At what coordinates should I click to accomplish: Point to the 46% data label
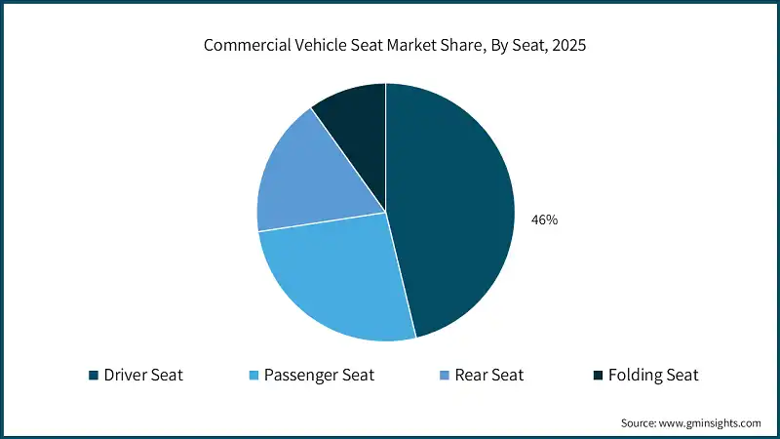pyautogui.click(x=544, y=220)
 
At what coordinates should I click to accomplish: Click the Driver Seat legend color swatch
pyautogui.click(x=93, y=375)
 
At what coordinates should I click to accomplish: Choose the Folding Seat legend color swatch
pyautogui.click(x=597, y=375)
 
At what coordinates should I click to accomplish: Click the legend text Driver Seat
pyautogui.click(x=143, y=375)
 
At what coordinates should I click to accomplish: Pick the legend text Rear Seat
pyautogui.click(x=489, y=375)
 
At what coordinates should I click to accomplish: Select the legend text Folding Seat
pyautogui.click(x=653, y=375)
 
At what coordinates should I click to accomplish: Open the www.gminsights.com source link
pyautogui.click(x=711, y=423)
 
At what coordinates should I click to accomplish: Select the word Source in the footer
pyautogui.click(x=640, y=423)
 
